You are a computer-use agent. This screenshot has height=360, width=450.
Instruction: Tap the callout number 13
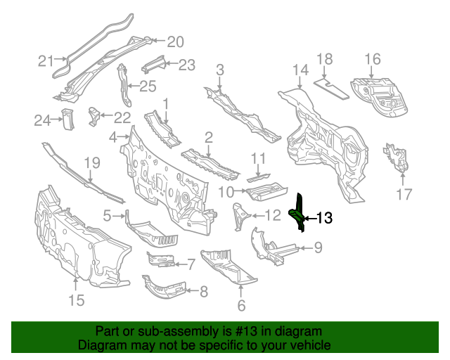coord(324,218)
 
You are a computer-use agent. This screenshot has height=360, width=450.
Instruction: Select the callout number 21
coord(46,61)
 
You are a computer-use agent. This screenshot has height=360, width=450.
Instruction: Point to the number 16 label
coord(372,59)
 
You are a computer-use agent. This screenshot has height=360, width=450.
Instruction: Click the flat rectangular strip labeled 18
coord(330,87)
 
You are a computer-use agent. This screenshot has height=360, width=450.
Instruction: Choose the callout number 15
coord(76,300)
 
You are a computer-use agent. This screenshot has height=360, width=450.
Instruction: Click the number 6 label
coord(241,305)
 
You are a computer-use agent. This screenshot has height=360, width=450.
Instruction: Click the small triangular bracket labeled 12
coord(238,213)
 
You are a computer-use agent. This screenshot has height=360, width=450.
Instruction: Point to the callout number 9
coord(317,247)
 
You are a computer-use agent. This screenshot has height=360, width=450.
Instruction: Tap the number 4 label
coord(113,137)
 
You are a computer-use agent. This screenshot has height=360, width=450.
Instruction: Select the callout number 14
coord(300,70)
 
